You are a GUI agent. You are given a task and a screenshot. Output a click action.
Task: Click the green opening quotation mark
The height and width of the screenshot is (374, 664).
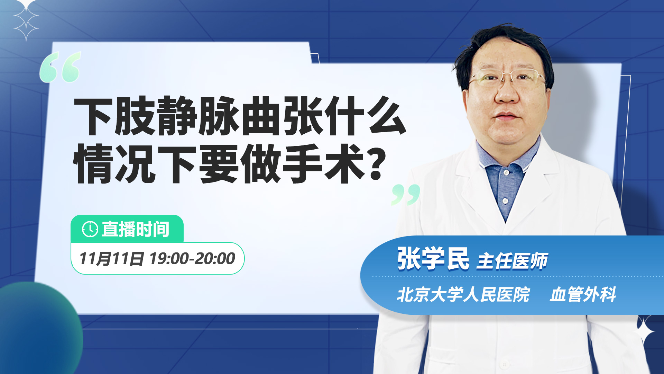(x=60, y=67)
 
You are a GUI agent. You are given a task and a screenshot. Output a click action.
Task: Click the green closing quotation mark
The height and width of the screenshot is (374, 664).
(x=406, y=195)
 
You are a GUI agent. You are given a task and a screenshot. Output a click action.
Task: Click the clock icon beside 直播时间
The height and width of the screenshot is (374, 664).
(x=90, y=229)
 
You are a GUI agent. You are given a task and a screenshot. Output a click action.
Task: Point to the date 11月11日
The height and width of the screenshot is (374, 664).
(x=111, y=259)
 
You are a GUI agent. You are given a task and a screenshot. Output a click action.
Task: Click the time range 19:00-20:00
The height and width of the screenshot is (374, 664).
(x=192, y=258)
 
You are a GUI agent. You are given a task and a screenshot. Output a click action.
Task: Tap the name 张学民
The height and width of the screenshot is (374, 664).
(x=433, y=259)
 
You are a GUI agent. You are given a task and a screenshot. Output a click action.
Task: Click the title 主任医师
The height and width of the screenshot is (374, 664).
(x=512, y=261)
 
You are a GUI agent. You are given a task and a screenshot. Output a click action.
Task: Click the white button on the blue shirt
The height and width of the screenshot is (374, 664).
(x=505, y=201)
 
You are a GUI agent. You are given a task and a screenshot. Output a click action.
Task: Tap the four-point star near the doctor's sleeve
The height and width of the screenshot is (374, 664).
(x=644, y=331)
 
